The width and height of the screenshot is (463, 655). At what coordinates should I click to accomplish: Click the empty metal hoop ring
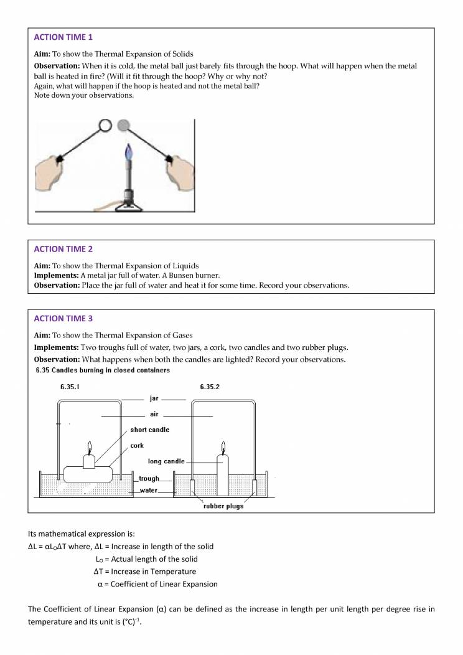point(105,126)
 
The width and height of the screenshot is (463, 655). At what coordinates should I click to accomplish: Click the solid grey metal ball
point(124,125)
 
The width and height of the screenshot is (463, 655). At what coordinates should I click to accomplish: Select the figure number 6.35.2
point(210,387)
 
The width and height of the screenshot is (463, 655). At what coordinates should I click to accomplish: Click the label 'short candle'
point(149,430)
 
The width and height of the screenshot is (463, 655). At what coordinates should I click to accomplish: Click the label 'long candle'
point(166,461)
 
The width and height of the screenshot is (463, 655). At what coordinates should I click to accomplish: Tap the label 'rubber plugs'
point(223,506)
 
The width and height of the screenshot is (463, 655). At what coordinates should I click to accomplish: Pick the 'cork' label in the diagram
point(137,446)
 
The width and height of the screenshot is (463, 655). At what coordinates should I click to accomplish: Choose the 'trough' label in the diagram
point(149,479)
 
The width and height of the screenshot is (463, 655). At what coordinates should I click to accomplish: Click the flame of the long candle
point(222,447)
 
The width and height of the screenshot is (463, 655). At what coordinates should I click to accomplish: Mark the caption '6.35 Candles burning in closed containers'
point(102,370)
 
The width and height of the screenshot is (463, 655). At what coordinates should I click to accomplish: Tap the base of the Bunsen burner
point(129,203)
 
